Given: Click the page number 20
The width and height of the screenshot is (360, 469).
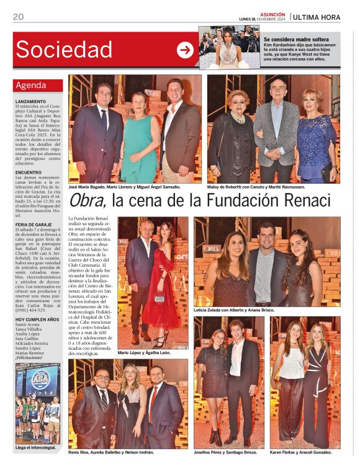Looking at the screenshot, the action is tap(18, 17).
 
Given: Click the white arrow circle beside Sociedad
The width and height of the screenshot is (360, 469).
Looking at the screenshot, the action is tap(185, 50).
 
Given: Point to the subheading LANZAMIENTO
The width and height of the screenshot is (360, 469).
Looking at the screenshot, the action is tap(31, 101).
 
